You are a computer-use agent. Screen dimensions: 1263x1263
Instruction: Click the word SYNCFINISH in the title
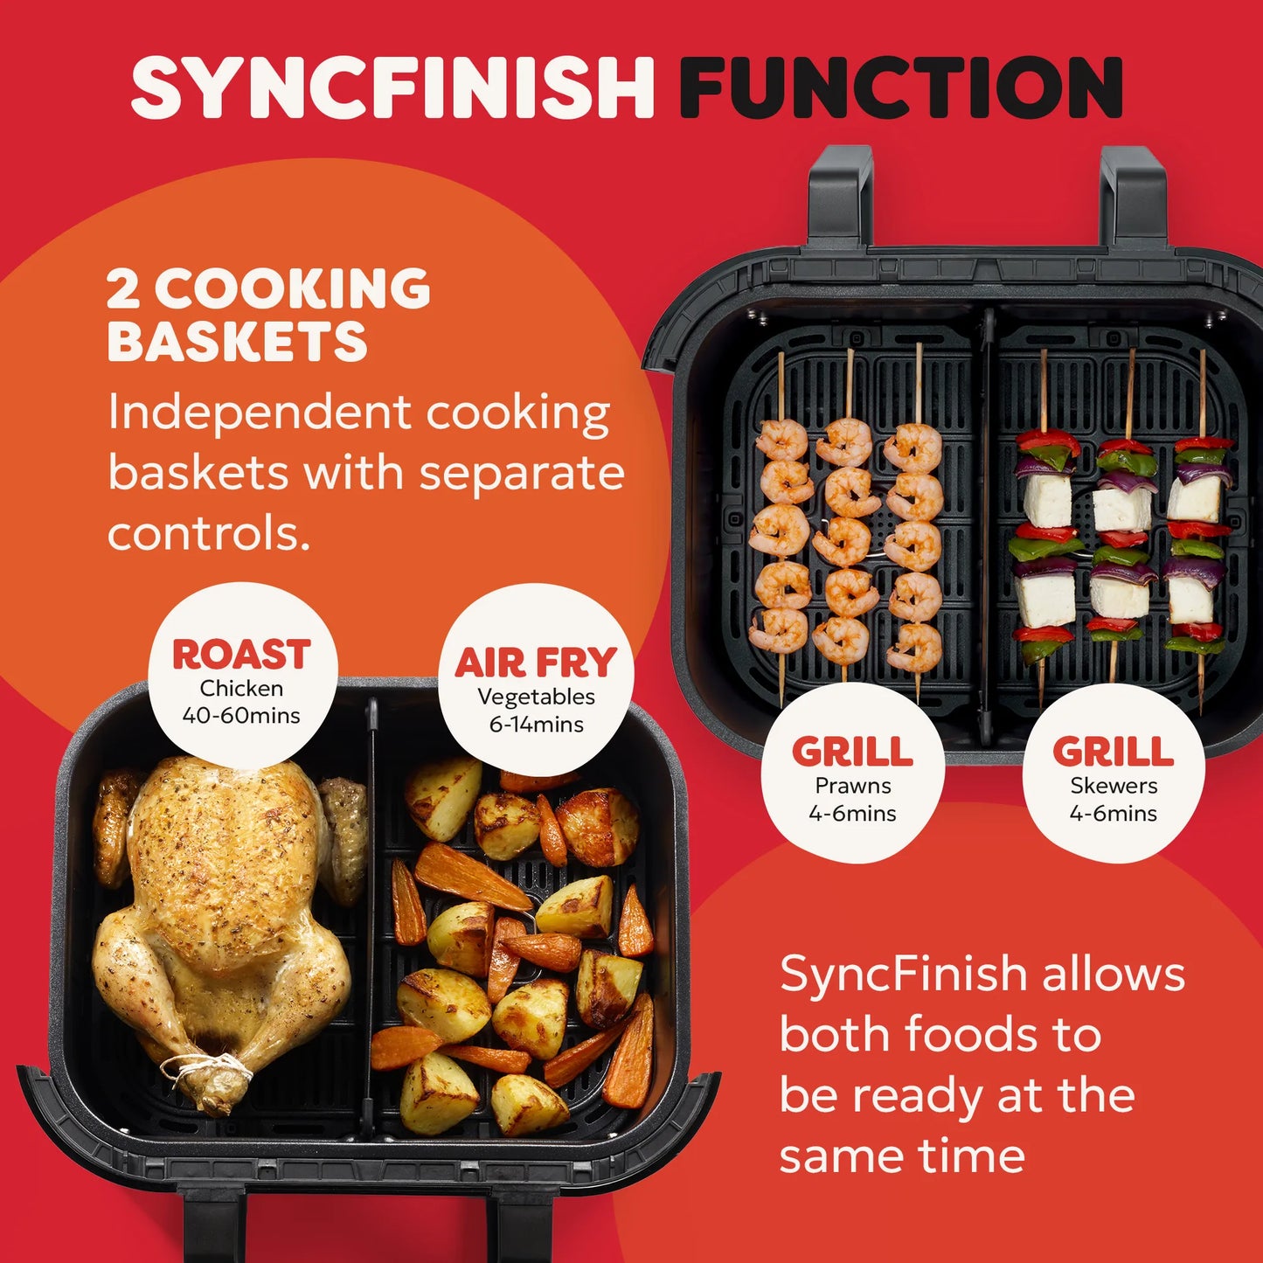point(392,87)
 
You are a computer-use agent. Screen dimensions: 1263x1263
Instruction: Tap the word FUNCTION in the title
point(901,87)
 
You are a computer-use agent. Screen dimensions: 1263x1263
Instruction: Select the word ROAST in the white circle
point(241,655)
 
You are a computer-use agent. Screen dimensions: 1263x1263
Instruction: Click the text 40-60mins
point(241,716)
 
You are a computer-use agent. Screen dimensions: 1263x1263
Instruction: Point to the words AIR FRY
point(536,663)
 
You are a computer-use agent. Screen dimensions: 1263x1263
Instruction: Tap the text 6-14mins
point(536,725)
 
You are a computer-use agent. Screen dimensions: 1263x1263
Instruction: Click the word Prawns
point(853,786)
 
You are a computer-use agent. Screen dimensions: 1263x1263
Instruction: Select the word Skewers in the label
point(1114,786)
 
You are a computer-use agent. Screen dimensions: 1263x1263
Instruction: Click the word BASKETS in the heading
point(237,342)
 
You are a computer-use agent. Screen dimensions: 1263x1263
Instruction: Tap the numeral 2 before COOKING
point(123,289)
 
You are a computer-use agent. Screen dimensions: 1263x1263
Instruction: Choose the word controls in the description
point(208,533)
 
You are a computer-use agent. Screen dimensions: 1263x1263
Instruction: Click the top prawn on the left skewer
point(781,440)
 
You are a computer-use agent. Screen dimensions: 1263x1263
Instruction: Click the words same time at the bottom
point(902,1155)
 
